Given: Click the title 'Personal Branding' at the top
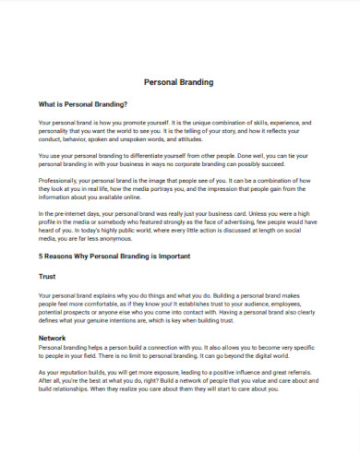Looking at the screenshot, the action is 180,82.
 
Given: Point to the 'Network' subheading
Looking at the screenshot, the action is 52,338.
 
